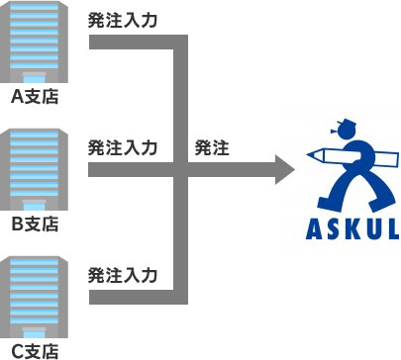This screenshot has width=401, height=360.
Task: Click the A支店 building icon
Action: tap(36, 45)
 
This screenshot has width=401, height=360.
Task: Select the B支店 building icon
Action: tap(36, 170)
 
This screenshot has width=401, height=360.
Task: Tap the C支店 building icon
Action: tap(36, 296)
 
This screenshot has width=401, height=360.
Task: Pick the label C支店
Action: tap(36, 350)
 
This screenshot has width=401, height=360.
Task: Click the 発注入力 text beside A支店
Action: tap(123, 21)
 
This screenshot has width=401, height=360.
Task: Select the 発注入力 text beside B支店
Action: tap(123, 147)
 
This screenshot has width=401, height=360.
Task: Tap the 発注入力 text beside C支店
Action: tap(123, 273)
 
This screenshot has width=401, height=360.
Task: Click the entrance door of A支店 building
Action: tap(36, 78)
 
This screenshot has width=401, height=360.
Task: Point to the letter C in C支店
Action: tap(17, 350)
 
